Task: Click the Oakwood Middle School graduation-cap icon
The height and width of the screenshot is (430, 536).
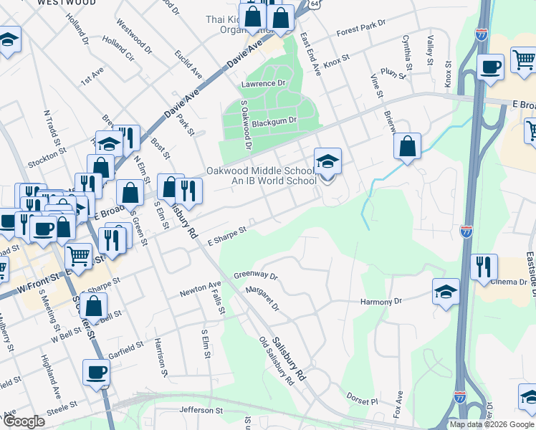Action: [x=327, y=161]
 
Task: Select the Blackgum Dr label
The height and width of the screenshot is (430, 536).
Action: [x=273, y=121]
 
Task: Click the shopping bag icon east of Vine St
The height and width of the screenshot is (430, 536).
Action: [x=406, y=147]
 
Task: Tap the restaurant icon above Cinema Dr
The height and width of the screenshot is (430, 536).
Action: [x=484, y=267]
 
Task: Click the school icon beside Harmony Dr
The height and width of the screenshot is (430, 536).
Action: [x=446, y=292]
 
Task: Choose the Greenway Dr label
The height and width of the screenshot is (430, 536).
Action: [x=255, y=274]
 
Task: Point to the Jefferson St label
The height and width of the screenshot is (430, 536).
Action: [x=201, y=411]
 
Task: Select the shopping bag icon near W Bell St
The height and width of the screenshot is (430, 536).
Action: [x=94, y=306]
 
